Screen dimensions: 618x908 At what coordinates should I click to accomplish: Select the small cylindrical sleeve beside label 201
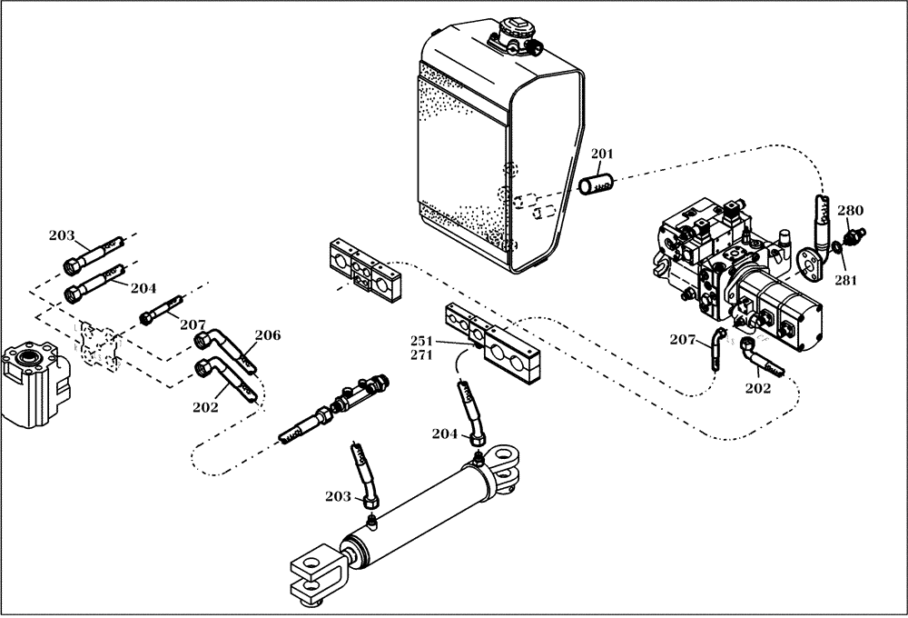[597, 184]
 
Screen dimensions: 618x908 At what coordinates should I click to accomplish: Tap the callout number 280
[850, 211]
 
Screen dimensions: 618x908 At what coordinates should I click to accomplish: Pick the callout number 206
[268, 335]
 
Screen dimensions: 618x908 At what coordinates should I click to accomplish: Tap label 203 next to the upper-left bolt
[62, 236]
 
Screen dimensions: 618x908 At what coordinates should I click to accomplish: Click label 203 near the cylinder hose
[338, 496]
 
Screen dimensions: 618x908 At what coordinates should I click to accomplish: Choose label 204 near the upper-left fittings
[143, 288]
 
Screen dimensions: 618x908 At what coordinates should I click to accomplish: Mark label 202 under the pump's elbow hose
[757, 388]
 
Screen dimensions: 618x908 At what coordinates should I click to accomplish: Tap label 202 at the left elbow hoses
[205, 407]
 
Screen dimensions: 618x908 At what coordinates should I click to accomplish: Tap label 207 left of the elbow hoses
[192, 324]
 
